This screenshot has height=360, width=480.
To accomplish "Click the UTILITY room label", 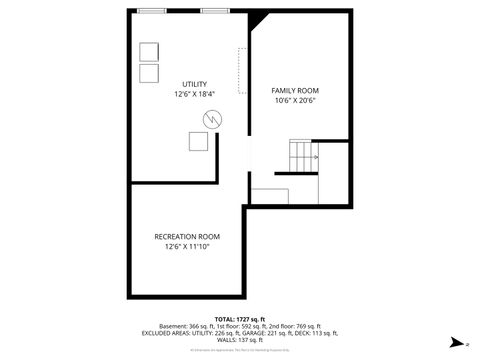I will click(194, 83).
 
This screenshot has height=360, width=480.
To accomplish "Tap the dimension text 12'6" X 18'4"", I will click(194, 94).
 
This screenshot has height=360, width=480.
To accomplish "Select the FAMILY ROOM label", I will click(295, 91).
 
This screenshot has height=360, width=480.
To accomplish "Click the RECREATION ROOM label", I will click(187, 236).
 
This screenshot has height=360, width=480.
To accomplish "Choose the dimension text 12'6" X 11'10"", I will click(187, 246).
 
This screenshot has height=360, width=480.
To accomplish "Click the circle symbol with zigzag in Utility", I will click(212, 118).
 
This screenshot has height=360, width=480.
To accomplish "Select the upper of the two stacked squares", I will click(149, 52).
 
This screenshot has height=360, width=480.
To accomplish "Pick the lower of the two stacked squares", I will click(149, 73).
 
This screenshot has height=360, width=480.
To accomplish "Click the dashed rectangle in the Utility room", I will click(241, 71).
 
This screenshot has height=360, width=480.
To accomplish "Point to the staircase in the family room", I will click(303, 156).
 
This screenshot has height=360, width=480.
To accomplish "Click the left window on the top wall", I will click(153, 11).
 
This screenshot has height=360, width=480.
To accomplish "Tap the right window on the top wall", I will click(214, 11).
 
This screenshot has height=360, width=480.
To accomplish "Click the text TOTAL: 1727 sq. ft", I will click(240, 318).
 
